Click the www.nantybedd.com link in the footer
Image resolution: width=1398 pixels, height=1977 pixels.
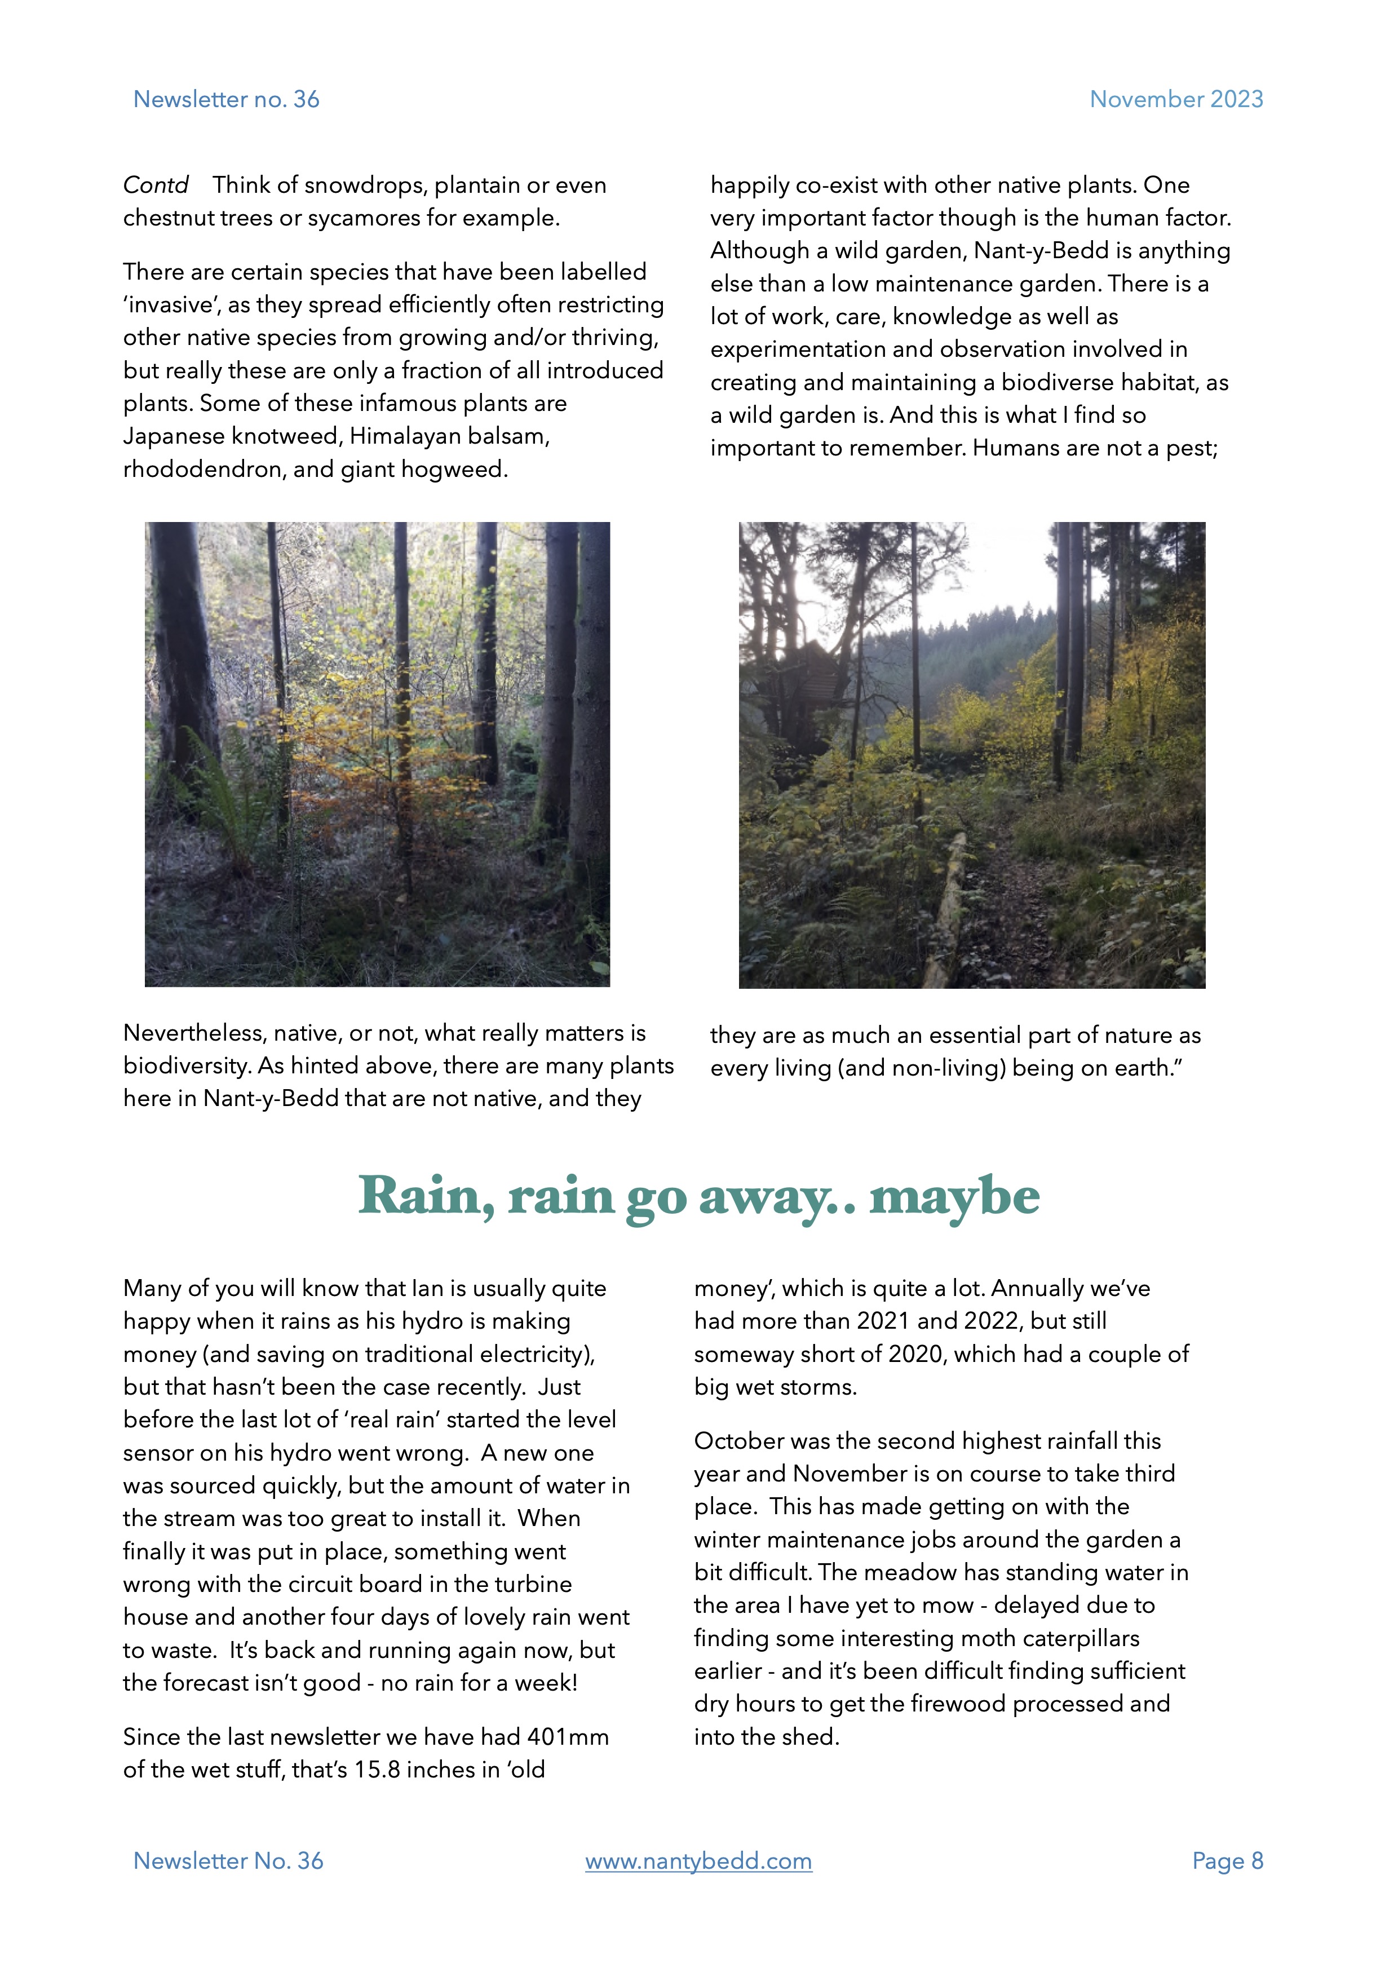pyautogui.click(x=698, y=1861)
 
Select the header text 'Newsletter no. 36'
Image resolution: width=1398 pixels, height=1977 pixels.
pyautogui.click(x=227, y=99)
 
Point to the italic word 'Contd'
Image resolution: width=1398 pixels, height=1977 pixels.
pyautogui.click(x=156, y=185)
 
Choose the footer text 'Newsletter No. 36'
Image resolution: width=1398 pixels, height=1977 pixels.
pyautogui.click(x=228, y=1861)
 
